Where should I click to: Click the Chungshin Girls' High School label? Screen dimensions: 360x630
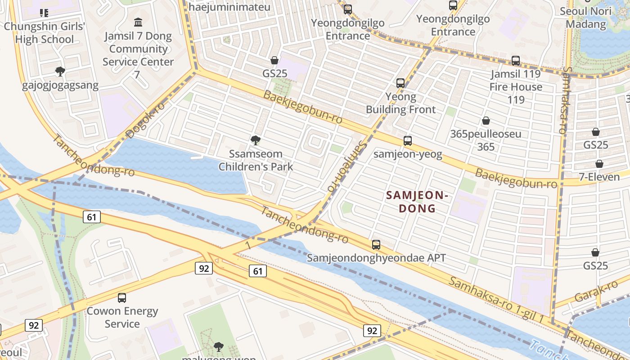[x=44, y=33]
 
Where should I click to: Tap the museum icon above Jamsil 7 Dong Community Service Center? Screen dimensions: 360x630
[x=138, y=22]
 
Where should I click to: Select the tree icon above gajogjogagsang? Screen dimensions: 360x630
[x=60, y=71]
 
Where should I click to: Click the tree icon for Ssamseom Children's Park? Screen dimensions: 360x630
[x=256, y=140]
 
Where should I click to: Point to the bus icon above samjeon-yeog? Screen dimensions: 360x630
[x=408, y=141]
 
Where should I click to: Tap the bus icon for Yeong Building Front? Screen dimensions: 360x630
[x=400, y=83]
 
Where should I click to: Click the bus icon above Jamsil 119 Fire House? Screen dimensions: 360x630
[x=516, y=61]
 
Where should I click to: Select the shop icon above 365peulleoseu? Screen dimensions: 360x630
[x=486, y=121]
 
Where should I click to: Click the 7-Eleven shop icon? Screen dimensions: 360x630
[x=599, y=164]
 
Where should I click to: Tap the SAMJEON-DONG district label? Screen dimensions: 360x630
[x=417, y=202]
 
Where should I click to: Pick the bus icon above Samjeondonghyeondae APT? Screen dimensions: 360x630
[x=376, y=245]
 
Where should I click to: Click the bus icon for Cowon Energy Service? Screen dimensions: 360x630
[x=122, y=298]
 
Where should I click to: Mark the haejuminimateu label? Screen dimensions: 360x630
[x=229, y=7]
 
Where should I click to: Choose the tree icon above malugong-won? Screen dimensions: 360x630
[x=219, y=346]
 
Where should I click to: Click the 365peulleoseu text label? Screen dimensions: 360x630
[x=486, y=134]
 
